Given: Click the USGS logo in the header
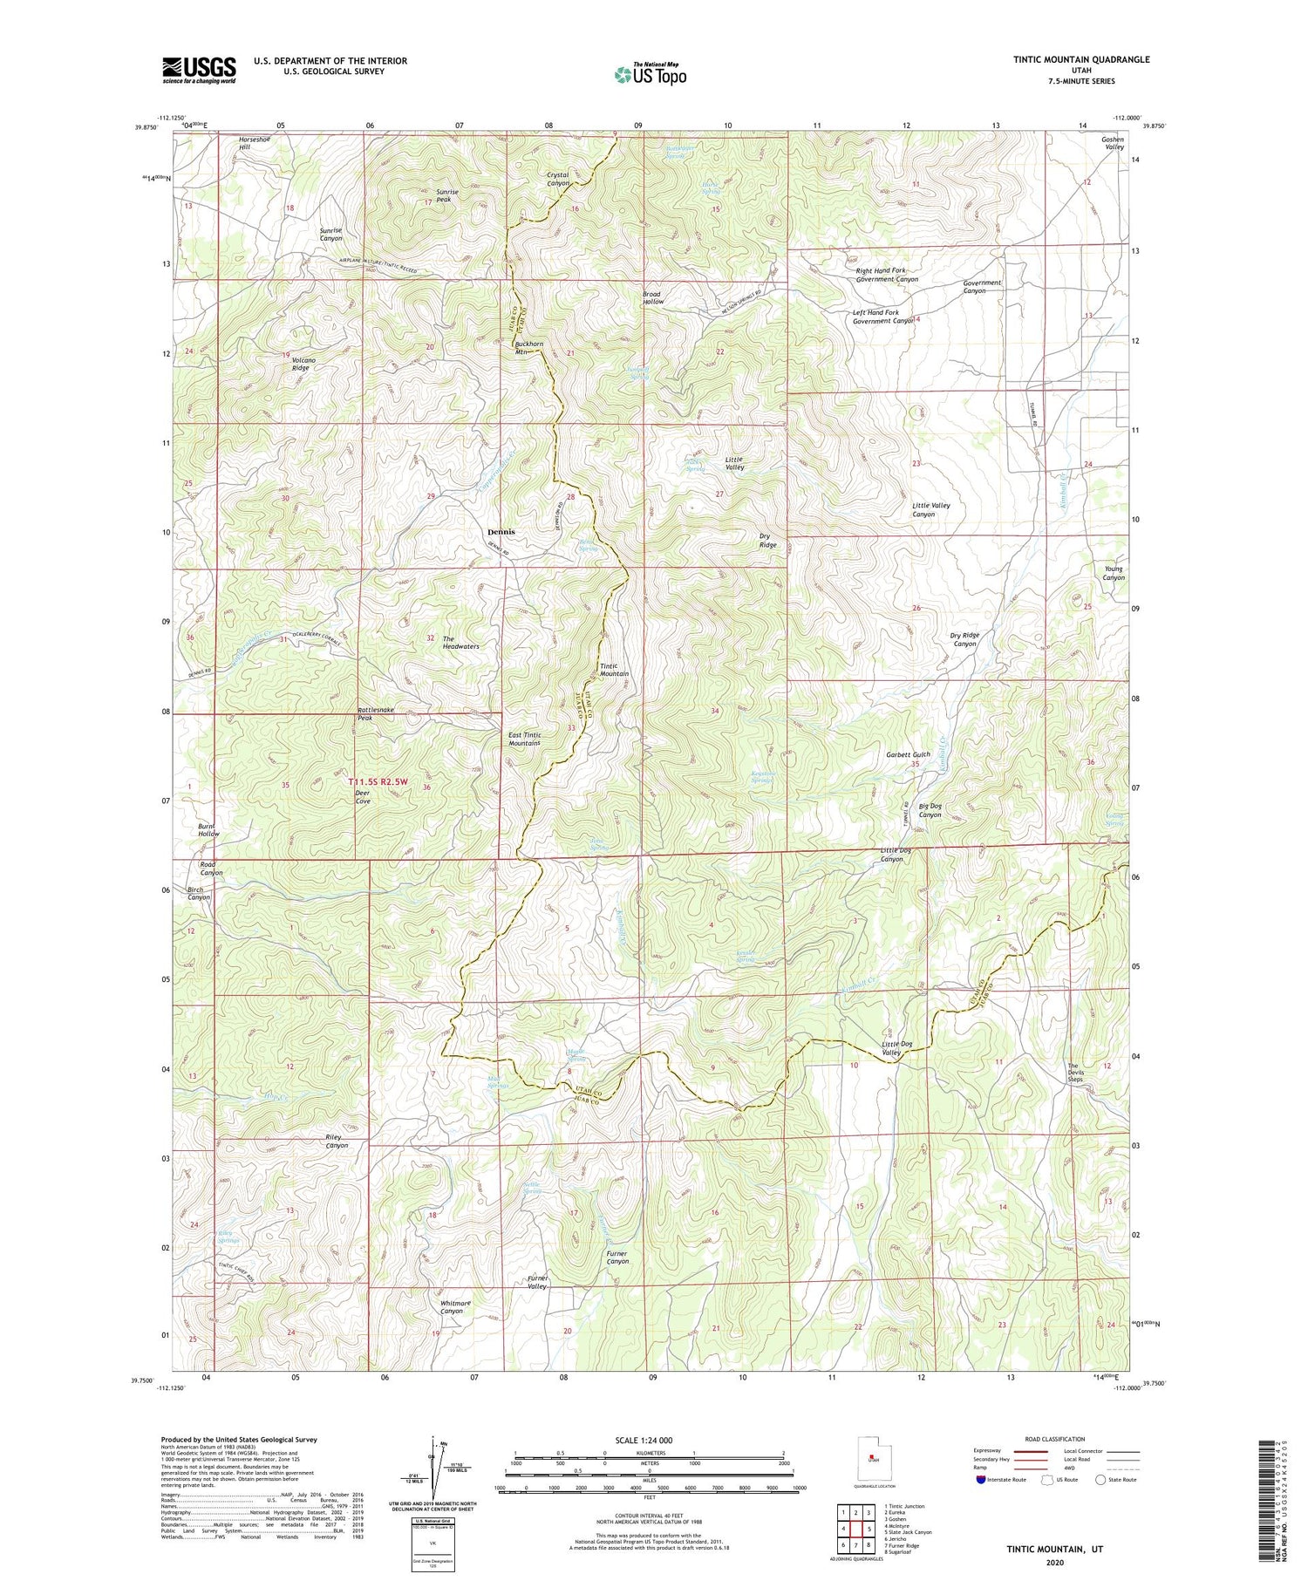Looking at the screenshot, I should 199,70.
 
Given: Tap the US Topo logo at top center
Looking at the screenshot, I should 650,74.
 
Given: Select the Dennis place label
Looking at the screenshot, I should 501,531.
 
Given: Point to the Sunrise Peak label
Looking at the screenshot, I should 453,195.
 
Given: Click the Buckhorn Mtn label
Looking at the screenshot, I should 528,348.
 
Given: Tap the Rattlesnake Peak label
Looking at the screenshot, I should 375,713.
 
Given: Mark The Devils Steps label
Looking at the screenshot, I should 1075,1073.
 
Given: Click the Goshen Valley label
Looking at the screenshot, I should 1112,143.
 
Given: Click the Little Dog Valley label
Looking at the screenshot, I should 896,1048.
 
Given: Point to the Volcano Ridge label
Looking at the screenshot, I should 300,364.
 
